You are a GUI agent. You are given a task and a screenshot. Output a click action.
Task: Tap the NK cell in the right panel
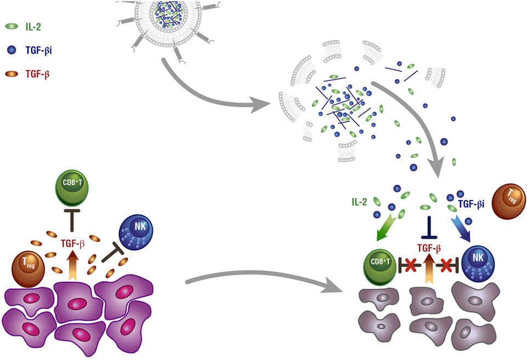tap(481, 266)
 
